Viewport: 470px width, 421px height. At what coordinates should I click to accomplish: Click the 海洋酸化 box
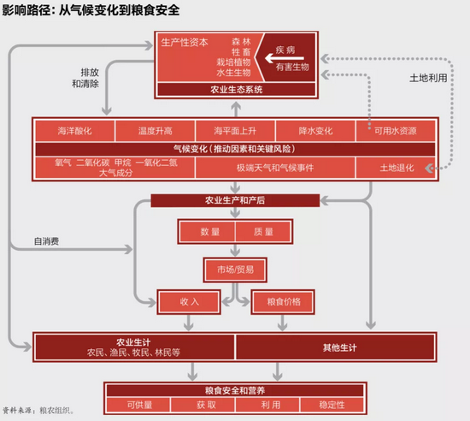tap(74, 131)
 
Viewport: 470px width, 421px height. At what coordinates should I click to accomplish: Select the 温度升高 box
tap(155, 131)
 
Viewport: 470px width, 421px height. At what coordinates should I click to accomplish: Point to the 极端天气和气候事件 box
tap(275, 167)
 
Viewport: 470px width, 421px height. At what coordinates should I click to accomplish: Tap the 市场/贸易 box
tap(234, 270)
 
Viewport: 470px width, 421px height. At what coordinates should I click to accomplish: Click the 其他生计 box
tap(335, 346)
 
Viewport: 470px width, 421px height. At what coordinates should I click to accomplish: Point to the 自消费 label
tap(46, 240)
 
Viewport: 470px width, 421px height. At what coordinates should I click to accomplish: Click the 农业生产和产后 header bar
tap(234, 201)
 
